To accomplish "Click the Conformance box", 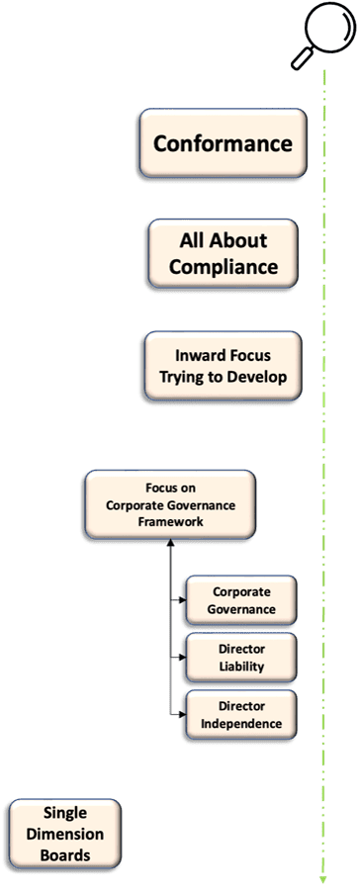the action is click(223, 142).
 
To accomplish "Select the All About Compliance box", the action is click(223, 253).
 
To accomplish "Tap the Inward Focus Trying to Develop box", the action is click(223, 366).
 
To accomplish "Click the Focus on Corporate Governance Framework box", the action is click(170, 504).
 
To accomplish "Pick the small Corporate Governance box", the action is click(241, 600).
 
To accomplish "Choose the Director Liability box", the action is click(241, 657).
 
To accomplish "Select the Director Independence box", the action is click(241, 715).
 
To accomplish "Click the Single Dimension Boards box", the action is click(65, 834).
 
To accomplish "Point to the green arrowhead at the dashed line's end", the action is click(323, 879).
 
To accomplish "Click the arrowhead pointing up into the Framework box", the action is click(170, 542).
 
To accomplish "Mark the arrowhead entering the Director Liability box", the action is click(183, 657).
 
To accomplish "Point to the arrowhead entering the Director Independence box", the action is click(183, 715).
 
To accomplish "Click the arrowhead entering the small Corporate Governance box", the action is click(183, 600).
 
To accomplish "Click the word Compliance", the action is click(224, 267).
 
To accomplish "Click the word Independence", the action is click(241, 724).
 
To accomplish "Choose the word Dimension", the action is click(65, 835).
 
